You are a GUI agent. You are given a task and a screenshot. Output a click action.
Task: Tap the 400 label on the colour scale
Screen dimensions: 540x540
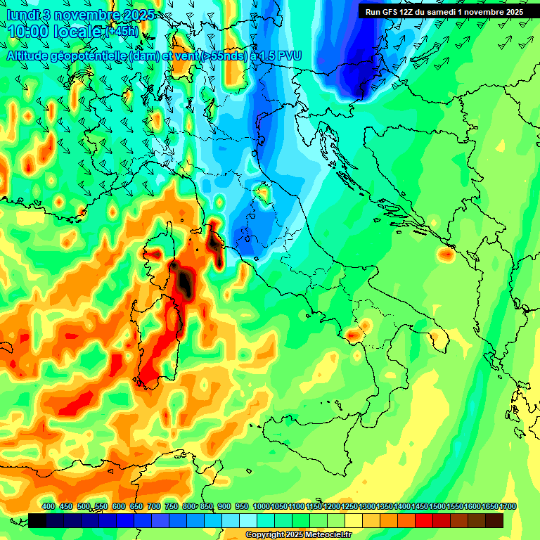[x=49, y=506]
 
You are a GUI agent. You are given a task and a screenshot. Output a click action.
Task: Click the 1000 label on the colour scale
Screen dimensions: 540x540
[x=262, y=506]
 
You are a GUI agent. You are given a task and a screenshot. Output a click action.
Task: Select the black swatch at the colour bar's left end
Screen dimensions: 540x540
[x=37, y=520]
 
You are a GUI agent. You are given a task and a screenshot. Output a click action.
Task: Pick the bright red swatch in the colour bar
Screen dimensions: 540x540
[x=424, y=520]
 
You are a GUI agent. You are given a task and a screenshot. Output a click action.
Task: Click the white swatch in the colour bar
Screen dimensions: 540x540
[x=248, y=520]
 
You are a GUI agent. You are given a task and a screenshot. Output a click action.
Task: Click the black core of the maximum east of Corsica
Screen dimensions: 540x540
[x=184, y=281]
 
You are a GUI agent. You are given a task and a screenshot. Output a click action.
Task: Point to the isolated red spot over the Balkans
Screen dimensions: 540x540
[x=445, y=255]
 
